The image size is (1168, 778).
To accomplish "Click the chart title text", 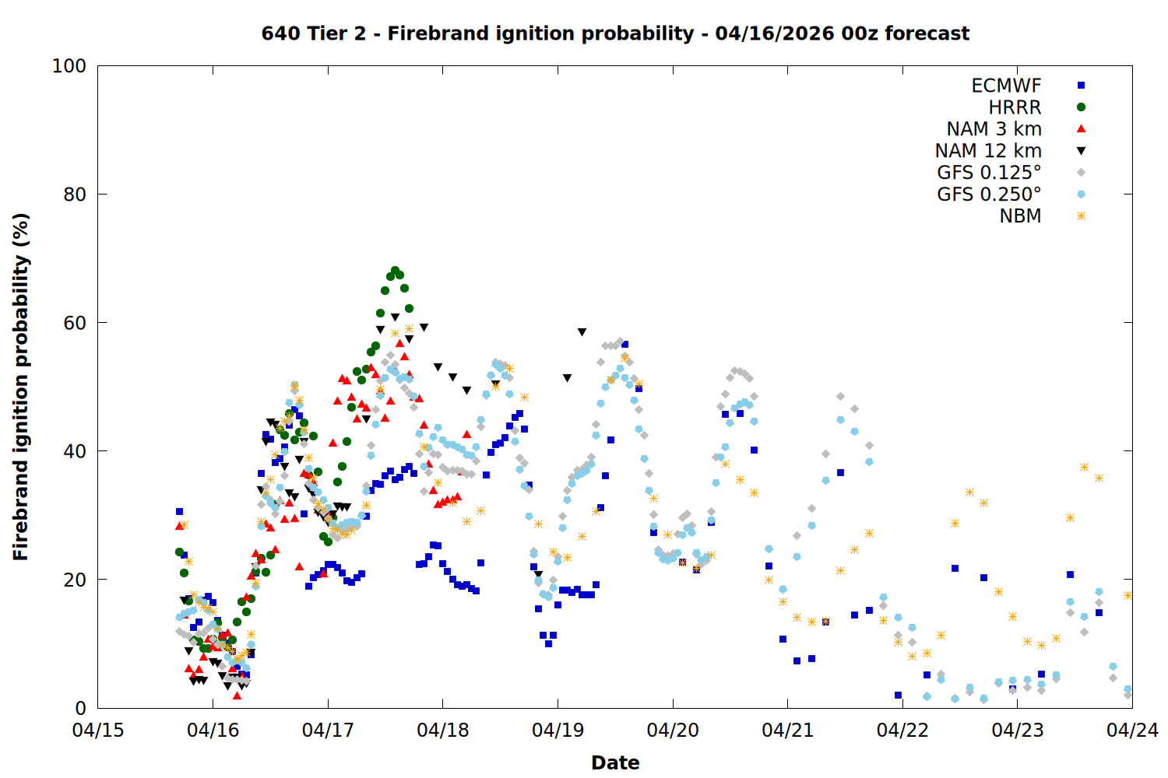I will [x=615, y=33].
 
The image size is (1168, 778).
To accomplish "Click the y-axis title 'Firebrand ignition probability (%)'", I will [x=20, y=387].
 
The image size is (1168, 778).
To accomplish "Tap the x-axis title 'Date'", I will [x=615, y=762].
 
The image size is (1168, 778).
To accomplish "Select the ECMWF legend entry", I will [x=1006, y=86].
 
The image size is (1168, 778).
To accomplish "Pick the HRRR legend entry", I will [x=1015, y=107].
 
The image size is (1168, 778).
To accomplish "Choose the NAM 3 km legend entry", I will [x=994, y=129].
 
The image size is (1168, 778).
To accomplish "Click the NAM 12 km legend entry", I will [x=988, y=151].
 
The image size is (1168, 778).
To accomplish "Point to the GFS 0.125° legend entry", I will [x=989, y=173].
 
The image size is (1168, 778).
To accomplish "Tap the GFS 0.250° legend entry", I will [x=989, y=194].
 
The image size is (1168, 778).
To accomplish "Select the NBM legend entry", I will [x=1020, y=216].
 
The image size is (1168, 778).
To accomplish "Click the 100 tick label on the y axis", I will [x=69, y=66].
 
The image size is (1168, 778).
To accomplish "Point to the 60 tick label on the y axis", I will [x=75, y=323].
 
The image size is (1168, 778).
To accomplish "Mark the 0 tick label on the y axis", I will [x=80, y=708].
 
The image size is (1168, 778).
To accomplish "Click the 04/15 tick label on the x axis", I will [x=98, y=731].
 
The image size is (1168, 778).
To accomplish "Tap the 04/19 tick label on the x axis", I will [x=558, y=731].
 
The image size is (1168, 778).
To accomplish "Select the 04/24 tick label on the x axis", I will [x=1132, y=731].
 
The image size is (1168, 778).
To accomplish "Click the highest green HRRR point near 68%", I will [x=395, y=271].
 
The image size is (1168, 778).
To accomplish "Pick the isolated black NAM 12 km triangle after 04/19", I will [x=582, y=332].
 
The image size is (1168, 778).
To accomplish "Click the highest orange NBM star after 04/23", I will [x=1084, y=467].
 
